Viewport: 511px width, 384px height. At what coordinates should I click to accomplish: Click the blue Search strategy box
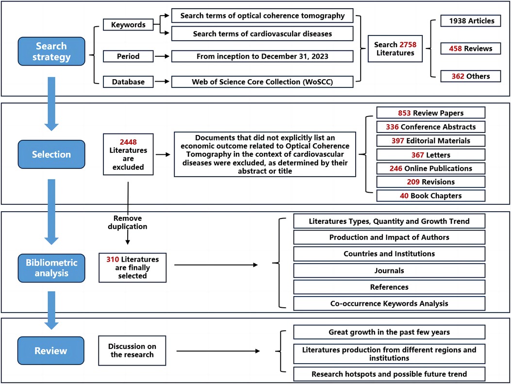(51, 51)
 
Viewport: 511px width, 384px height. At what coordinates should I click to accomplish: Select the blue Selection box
(51, 154)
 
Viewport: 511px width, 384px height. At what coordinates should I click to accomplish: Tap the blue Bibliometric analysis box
(51, 268)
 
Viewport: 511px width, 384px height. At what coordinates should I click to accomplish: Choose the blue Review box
(51, 351)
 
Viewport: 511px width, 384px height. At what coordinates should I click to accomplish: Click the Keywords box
(128, 25)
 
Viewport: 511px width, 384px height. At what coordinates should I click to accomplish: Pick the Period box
(128, 56)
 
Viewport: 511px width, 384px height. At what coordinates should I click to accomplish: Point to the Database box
(128, 82)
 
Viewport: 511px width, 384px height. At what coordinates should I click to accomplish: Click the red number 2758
(408, 45)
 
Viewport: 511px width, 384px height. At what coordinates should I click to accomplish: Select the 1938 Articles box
(471, 21)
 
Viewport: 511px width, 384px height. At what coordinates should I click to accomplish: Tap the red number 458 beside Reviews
(455, 49)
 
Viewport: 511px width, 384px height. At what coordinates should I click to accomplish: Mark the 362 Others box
(471, 76)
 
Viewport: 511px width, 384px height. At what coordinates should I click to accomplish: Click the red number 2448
(128, 142)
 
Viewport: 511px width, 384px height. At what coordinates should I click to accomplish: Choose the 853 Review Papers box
(431, 113)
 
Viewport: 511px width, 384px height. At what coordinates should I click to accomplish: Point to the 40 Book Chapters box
(431, 196)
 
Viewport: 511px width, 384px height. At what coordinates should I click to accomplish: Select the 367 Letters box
(431, 154)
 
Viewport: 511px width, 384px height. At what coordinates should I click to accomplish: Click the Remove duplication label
(128, 222)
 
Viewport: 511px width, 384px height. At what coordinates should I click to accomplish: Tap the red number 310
(113, 259)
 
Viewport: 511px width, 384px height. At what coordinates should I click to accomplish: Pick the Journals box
(389, 270)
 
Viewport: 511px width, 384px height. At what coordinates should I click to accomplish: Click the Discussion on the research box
(132, 351)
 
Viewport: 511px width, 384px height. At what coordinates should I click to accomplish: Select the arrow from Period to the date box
(162, 56)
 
